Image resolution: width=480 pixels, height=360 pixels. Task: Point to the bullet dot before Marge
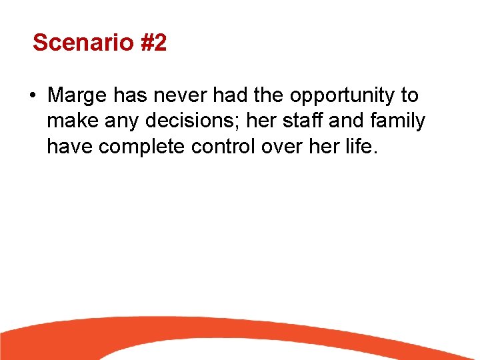coord(32,96)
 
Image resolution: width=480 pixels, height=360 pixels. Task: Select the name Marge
coord(77,96)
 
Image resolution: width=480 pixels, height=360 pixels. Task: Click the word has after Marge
coord(129,95)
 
